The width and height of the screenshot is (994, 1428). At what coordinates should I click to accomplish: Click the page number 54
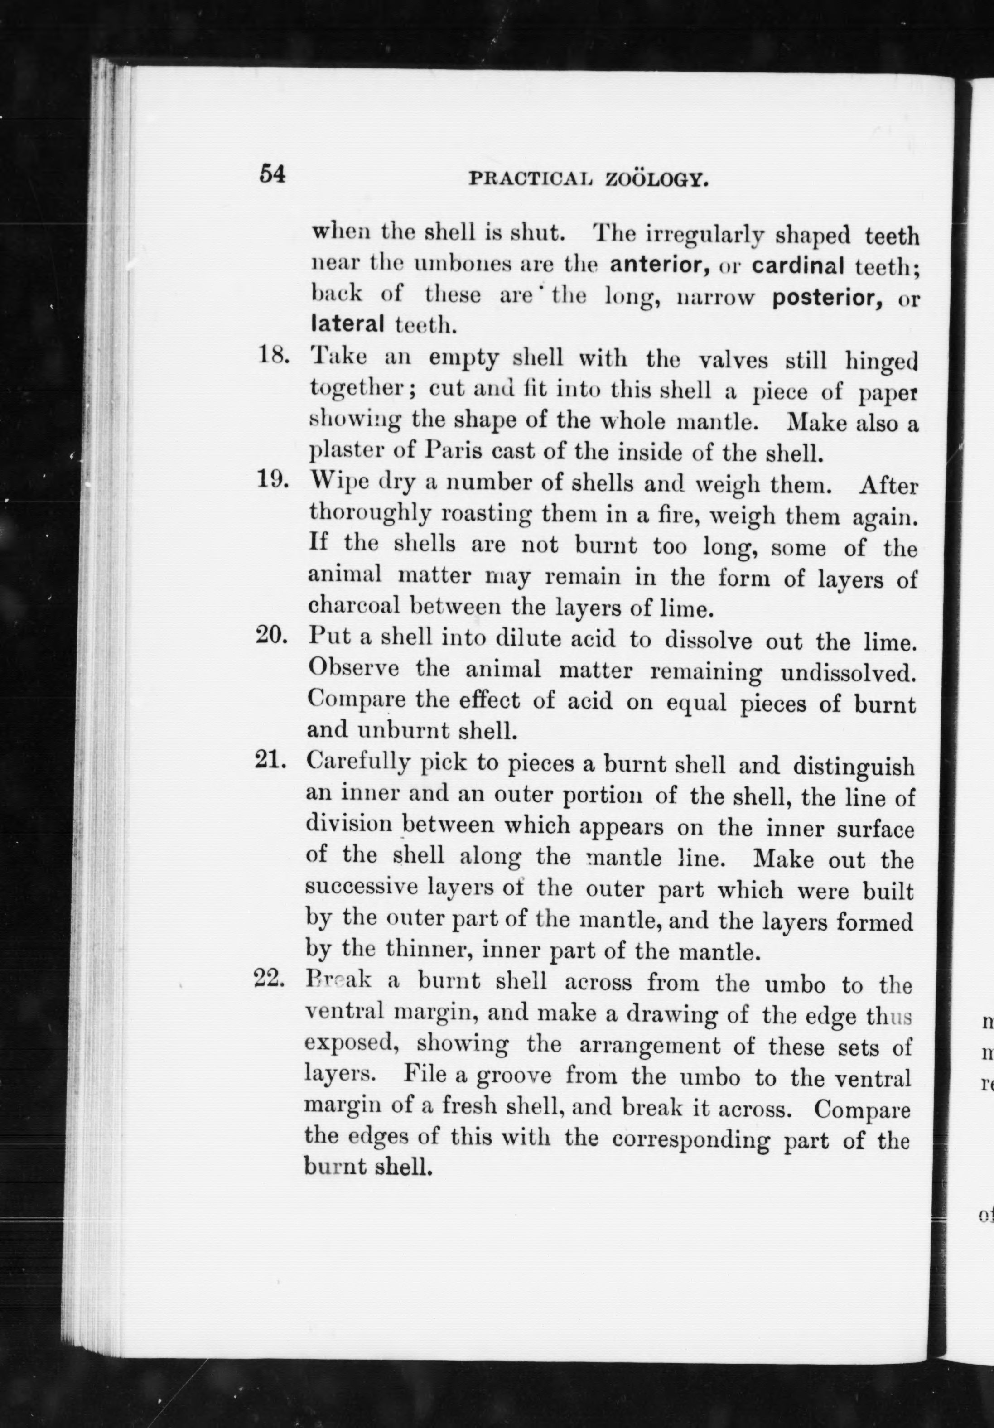(272, 174)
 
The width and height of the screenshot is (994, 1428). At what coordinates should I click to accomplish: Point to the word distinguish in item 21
(854, 766)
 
